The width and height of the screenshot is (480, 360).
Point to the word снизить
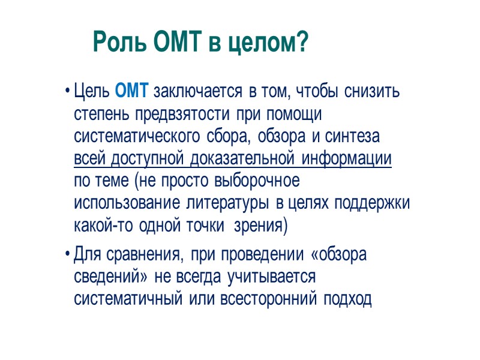pyautogui.click(x=374, y=92)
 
